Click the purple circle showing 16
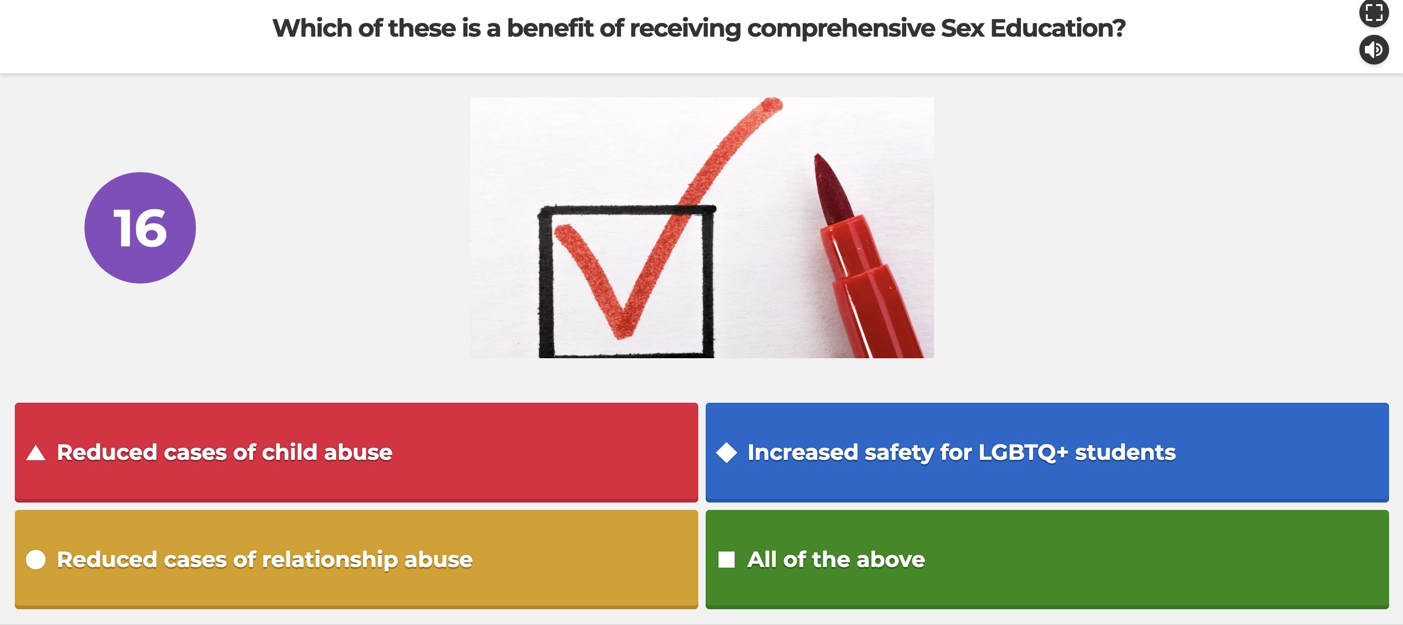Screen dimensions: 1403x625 tap(140, 227)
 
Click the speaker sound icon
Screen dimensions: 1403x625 tap(1374, 50)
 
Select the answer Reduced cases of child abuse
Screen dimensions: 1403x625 tap(356, 452)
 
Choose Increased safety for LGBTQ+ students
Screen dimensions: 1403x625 tap(1047, 452)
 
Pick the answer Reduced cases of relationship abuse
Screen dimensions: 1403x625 tap(356, 559)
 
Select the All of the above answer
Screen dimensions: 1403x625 tap(1047, 559)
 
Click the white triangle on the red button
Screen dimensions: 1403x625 tap(36, 453)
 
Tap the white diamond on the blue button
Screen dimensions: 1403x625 tap(727, 452)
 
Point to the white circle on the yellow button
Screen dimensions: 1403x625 tap(36, 560)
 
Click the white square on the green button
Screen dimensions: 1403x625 tap(727, 560)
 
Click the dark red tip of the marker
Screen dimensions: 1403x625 tap(831, 188)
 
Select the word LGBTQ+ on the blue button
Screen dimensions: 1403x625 tap(1023, 452)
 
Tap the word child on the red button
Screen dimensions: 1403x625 tap(289, 452)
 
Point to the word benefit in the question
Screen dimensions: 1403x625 tap(550, 28)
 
